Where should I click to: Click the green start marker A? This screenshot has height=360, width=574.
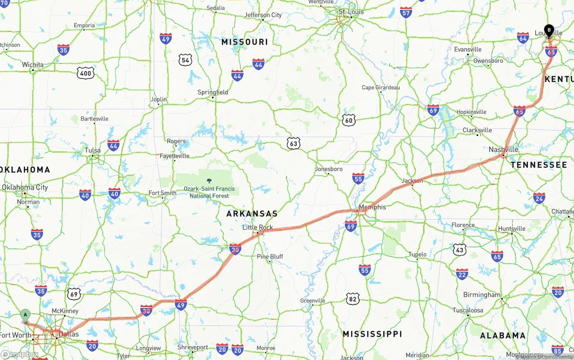(x=26, y=315)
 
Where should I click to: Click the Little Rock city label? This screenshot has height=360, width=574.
(x=257, y=227)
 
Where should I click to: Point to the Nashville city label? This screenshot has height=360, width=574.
(x=504, y=149)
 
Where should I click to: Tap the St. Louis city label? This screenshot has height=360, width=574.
(x=351, y=12)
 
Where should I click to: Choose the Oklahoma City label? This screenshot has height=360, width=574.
(x=25, y=187)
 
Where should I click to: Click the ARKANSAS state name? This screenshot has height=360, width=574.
(x=252, y=214)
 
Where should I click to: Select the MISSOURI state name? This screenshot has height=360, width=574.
(x=244, y=42)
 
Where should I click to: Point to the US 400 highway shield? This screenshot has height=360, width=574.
(x=85, y=73)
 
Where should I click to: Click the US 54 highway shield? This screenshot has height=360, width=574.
(x=185, y=60)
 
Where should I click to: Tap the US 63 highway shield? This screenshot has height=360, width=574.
(x=293, y=143)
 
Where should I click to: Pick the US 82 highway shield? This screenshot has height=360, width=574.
(x=353, y=299)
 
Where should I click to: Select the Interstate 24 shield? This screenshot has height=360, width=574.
(x=539, y=198)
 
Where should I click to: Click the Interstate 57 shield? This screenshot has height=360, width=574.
(x=406, y=12)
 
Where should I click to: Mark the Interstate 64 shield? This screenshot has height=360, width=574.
(x=523, y=38)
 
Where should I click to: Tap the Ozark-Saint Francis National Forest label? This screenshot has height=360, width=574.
(x=209, y=192)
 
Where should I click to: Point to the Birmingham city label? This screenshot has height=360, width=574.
(x=482, y=295)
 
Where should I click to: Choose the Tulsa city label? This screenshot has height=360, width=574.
(x=93, y=150)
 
